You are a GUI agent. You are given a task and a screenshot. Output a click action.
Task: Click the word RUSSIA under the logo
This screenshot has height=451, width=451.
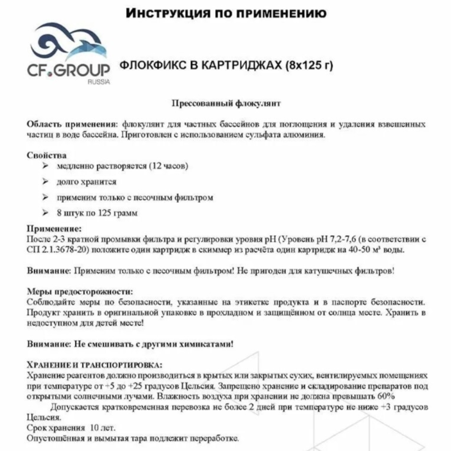coord(99,82)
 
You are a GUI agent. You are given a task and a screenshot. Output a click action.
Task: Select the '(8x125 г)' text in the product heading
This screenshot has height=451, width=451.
coord(309,66)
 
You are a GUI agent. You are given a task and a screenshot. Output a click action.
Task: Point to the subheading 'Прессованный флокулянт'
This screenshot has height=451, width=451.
coord(226,104)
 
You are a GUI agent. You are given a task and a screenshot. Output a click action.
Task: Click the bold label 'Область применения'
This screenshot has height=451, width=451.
coord(72,124)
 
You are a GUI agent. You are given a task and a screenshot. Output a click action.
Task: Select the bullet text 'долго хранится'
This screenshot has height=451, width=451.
coord(86,182)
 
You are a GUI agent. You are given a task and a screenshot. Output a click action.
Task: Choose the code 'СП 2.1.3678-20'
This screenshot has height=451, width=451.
coord(57,250)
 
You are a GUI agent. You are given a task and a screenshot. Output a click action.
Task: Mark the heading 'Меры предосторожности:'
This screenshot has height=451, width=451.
coord(80,291)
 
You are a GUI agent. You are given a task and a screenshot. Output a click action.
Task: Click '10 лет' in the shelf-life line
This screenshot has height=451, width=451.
coord(102,428)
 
